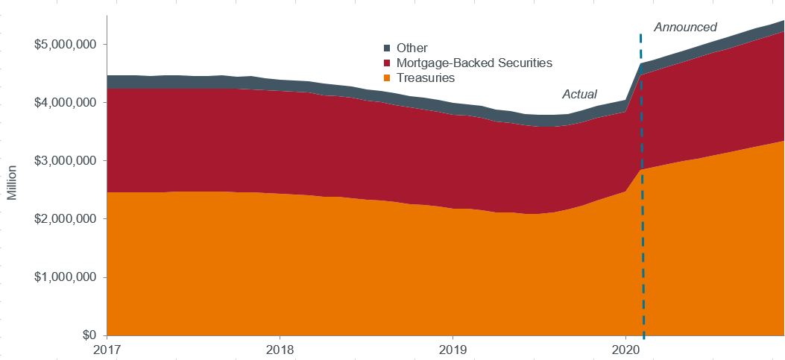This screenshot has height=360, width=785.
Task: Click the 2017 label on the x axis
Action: pyautogui.click(x=107, y=349)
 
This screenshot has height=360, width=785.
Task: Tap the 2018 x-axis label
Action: pyautogui.click(x=280, y=349)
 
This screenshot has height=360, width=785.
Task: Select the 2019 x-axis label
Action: pyautogui.click(x=453, y=349)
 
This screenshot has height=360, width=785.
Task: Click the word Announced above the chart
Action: pyautogui.click(x=685, y=28)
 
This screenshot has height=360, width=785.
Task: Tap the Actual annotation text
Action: pyautogui.click(x=579, y=95)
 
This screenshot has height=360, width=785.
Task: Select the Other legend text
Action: pyautogui.click(x=412, y=48)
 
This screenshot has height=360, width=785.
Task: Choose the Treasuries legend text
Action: pyautogui.click(x=426, y=78)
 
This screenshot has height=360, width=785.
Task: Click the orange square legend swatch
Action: pyautogui.click(x=387, y=78)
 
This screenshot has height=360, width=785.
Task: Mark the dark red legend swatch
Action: pyautogui.click(x=387, y=63)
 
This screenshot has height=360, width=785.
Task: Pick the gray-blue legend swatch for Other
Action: pyautogui.click(x=387, y=48)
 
